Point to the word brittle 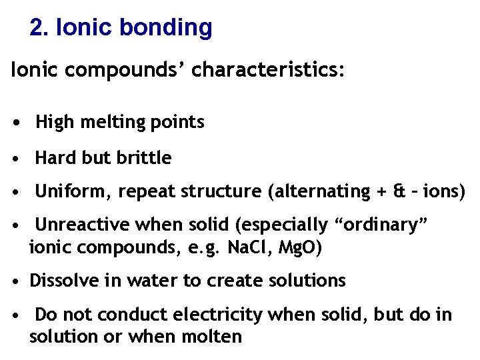coord(143,158)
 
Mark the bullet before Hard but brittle coord(23,159)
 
